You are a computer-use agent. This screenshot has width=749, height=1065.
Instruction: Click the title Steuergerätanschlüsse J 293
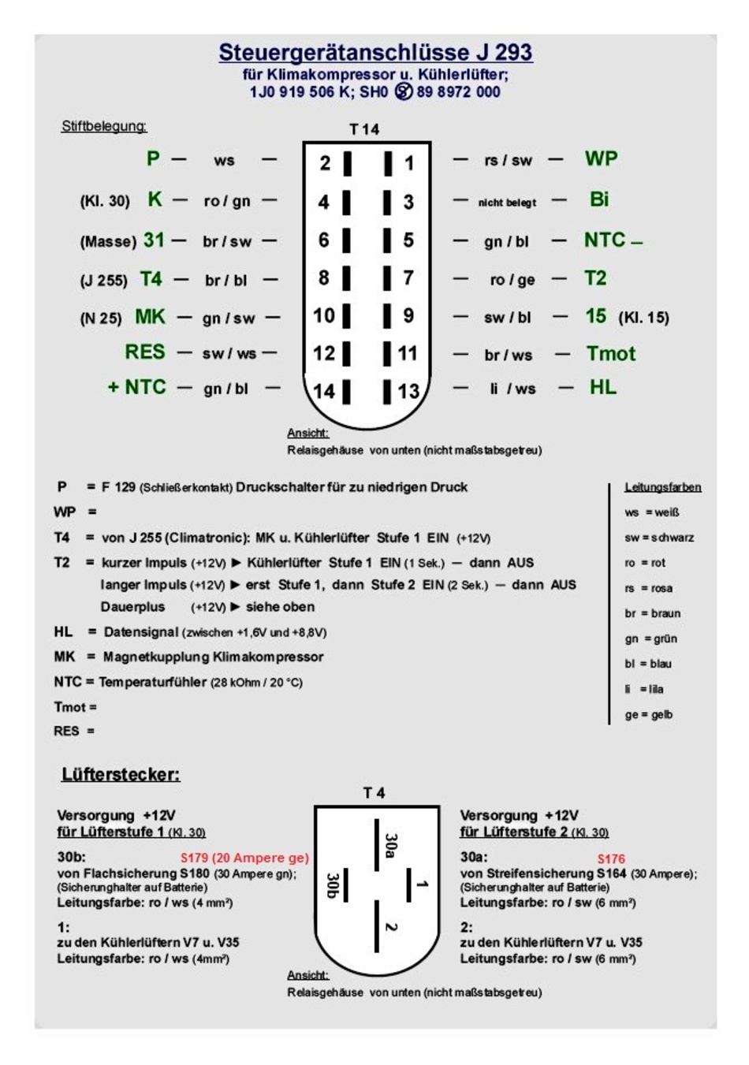tap(375, 53)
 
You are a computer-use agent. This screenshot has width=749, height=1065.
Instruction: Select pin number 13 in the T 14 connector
tap(408, 391)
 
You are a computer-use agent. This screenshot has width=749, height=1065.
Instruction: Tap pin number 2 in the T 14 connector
tap(325, 163)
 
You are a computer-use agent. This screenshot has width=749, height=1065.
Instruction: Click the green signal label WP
tap(601, 158)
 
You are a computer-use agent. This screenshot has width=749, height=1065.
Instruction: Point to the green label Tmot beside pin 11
tap(610, 354)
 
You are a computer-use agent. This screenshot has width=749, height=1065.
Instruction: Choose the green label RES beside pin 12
tap(145, 352)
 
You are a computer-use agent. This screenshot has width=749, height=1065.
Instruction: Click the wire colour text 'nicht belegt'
tap(507, 203)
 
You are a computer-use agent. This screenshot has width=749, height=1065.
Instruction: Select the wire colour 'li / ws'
tap(512, 389)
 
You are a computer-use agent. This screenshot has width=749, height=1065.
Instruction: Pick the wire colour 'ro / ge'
tap(512, 280)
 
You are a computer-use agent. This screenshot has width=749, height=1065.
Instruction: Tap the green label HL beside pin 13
tap(603, 387)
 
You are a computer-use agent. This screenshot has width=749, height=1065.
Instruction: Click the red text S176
tap(611, 859)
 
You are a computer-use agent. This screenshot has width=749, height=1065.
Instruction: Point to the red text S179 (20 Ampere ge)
tap(244, 858)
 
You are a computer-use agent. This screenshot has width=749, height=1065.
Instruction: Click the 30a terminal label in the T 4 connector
tap(391, 844)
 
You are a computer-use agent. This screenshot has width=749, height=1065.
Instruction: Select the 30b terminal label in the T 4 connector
tap(332, 884)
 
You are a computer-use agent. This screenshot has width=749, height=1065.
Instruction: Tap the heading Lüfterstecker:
tap(121, 775)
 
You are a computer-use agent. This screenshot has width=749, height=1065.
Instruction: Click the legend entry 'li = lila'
tap(644, 689)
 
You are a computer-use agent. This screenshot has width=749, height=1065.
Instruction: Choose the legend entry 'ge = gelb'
tap(648, 715)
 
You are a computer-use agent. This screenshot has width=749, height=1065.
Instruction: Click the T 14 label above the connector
tap(364, 129)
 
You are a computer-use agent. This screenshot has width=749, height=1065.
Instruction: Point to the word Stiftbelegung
tap(104, 126)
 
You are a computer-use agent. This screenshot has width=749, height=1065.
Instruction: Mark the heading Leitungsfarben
tap(662, 487)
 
